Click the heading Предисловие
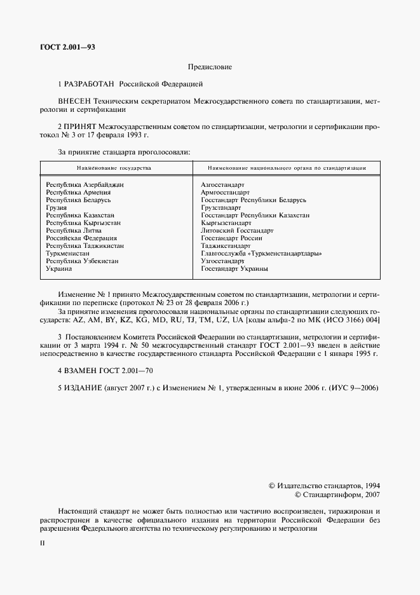point(210,67)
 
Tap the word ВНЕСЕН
point(74,101)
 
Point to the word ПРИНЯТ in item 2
point(81,127)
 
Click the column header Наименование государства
point(114,168)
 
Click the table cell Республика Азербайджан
point(84,184)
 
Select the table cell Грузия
point(57,207)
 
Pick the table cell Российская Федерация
point(78,238)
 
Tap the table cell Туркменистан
point(68,253)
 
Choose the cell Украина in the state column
point(59,268)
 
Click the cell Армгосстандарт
point(225,192)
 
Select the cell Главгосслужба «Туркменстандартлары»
point(261,253)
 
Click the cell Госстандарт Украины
point(234,268)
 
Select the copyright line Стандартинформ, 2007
point(337,495)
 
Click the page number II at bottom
point(43,544)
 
